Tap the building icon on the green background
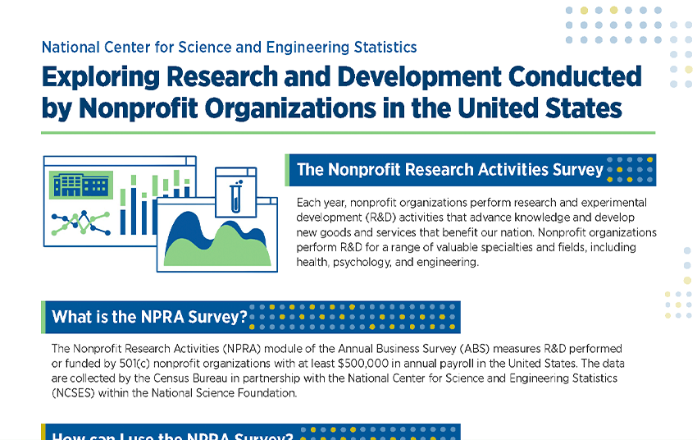[80, 185]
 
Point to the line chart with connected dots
[80, 222]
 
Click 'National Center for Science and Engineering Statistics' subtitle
[229, 47]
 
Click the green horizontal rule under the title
[348, 131]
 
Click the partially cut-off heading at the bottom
[172, 434]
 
